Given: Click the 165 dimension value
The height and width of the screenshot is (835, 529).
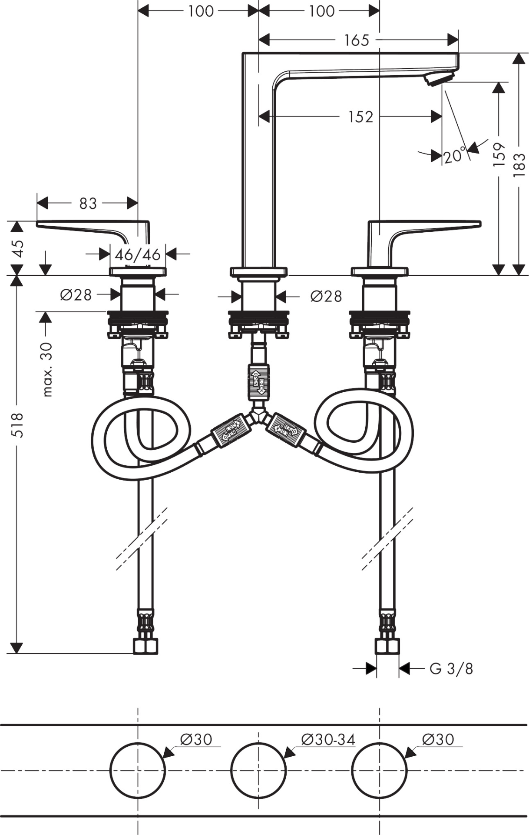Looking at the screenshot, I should tap(356, 40).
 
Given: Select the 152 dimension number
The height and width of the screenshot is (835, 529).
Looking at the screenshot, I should tap(360, 117).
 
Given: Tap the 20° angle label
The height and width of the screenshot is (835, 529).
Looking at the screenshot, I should tap(454, 155).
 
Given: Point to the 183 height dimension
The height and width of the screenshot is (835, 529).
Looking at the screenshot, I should tap(519, 165).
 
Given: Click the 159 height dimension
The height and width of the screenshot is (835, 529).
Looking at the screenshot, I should tap(499, 154).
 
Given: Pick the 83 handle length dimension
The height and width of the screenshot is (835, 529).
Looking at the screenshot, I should tap(88, 203).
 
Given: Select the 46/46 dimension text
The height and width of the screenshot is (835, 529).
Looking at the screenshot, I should tap(138, 254).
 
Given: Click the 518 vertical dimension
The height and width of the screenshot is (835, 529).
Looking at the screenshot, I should tap(17, 425).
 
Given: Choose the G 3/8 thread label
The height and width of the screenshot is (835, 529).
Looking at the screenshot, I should tap(451, 669).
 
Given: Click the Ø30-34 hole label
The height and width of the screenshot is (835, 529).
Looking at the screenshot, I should tap(328, 739).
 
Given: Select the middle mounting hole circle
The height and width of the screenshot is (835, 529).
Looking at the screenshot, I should tap(258, 770).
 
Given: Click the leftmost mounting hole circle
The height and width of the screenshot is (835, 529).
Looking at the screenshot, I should tap(138, 770).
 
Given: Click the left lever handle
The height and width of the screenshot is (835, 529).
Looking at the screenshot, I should tap(93, 228).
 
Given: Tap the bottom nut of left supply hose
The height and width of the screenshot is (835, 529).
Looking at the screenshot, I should tap(145, 646).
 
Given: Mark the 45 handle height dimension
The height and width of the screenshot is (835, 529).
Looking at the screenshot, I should tap(18, 248).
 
